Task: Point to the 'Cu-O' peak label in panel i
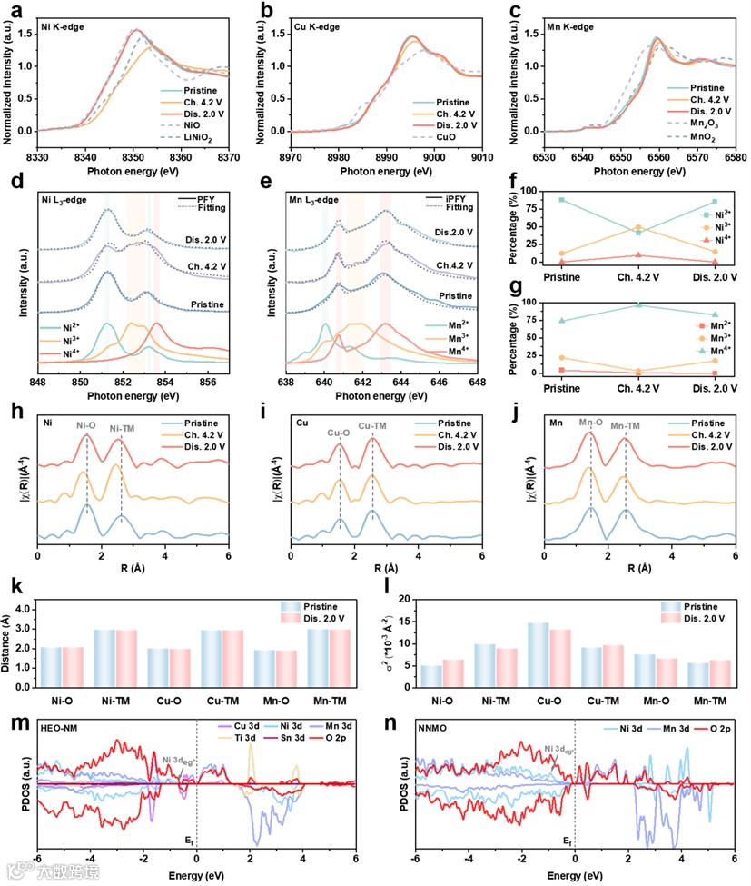(x=338, y=433)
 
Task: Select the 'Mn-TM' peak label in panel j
(x=625, y=424)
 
